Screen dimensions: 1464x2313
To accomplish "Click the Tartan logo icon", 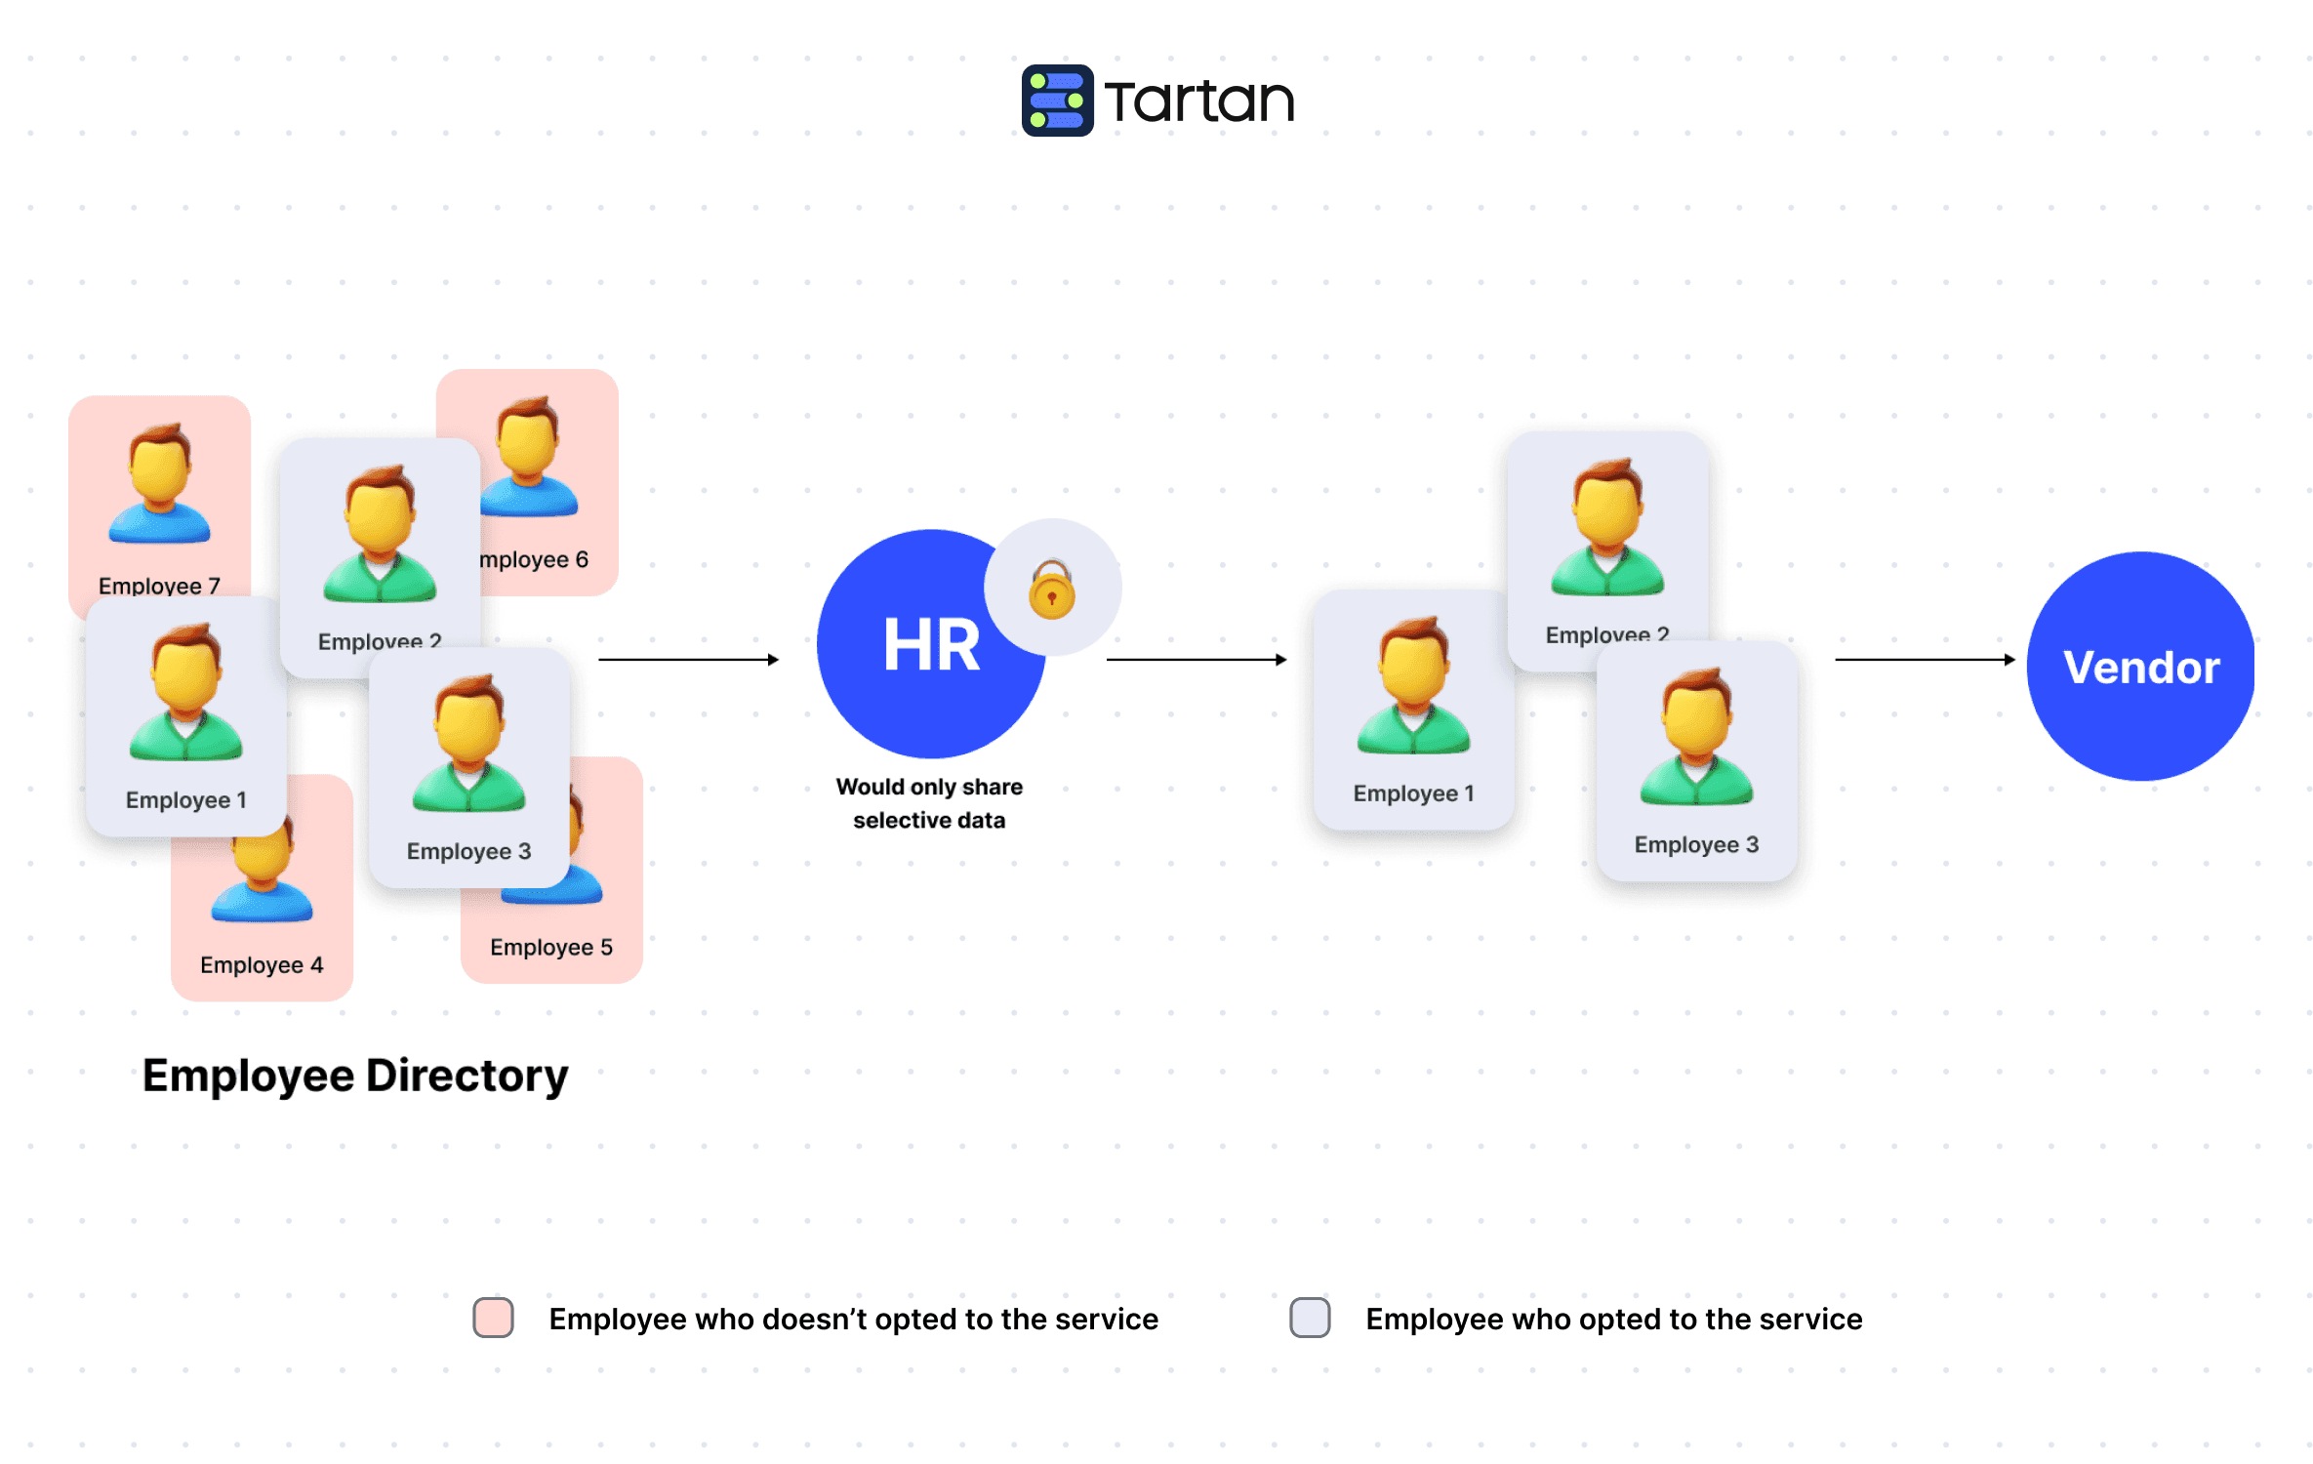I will click(1057, 101).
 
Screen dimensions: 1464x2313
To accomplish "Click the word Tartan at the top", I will click(1199, 102).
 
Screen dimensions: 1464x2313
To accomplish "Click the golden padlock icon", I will click(1052, 590).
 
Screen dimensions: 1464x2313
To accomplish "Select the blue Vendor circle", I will click(2140, 667).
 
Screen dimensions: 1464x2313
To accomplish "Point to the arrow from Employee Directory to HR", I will click(688, 660).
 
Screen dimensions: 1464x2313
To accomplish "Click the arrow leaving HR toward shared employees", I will click(1196, 660).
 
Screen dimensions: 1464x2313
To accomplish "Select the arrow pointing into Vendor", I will click(1924, 660).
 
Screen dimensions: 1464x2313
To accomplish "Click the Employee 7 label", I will click(159, 586).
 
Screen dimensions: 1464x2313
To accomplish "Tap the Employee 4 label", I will click(262, 964).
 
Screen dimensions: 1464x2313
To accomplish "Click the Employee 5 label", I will click(551, 947).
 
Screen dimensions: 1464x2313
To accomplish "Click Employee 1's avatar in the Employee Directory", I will click(185, 693).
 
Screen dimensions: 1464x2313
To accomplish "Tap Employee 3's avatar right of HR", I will click(1696, 737).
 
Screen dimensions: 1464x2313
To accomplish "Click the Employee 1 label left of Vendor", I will click(1413, 793).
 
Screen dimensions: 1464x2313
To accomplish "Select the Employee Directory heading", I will click(355, 1076).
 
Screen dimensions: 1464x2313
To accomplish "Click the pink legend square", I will click(493, 1318).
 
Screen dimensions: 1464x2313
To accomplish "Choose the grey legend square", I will click(1310, 1318).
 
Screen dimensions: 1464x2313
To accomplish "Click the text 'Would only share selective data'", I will click(929, 803).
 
